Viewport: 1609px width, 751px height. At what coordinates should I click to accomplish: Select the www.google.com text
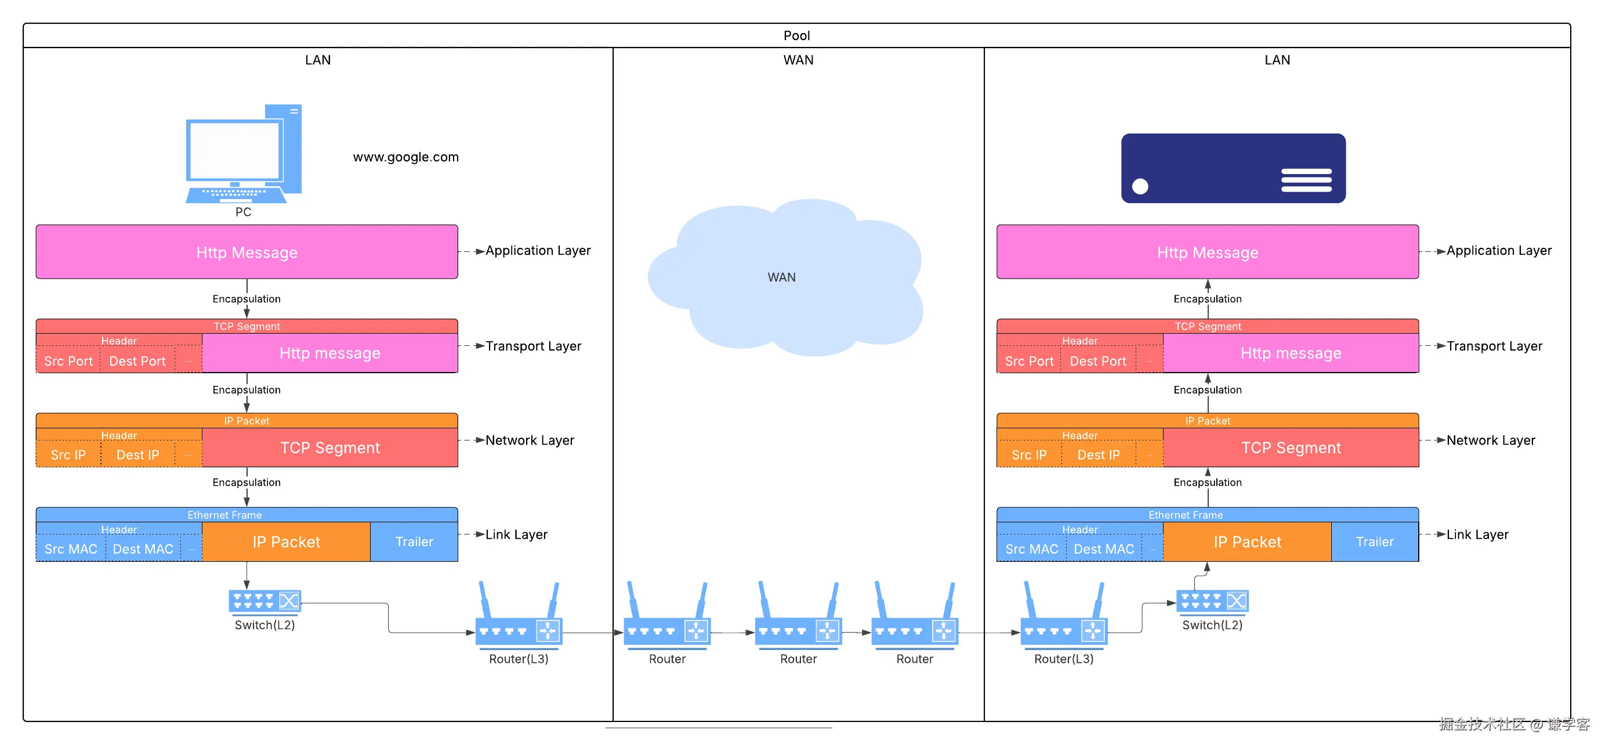click(405, 157)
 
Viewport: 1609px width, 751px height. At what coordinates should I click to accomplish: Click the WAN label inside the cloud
click(781, 277)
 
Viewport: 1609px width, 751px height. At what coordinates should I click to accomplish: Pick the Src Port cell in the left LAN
click(68, 361)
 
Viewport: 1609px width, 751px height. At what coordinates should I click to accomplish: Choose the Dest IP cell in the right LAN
click(1098, 455)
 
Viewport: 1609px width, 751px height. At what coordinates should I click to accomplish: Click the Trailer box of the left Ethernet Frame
click(414, 541)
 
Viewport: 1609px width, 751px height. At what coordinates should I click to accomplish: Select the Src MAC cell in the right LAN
click(1031, 548)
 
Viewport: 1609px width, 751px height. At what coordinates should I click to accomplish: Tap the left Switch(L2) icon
click(265, 601)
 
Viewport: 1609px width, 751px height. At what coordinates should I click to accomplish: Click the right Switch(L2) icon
click(1212, 601)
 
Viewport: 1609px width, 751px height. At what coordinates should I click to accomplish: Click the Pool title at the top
click(796, 35)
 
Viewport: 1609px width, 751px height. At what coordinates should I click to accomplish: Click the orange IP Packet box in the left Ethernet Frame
click(286, 541)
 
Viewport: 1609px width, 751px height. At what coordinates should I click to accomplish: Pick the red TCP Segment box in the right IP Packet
click(1291, 448)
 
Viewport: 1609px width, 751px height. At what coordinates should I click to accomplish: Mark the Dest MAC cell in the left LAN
click(143, 548)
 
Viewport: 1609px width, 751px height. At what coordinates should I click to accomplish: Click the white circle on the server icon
click(1140, 186)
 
